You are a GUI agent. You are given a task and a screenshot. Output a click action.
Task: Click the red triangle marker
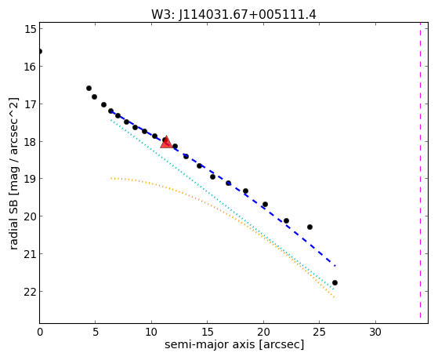tap(166, 142)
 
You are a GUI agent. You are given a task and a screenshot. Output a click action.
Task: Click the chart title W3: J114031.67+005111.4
tap(233, 15)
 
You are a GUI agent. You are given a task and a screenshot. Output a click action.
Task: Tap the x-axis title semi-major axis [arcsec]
tap(234, 344)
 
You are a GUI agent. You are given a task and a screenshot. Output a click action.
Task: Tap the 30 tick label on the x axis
tap(375, 332)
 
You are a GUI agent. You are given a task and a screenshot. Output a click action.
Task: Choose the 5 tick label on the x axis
tap(96, 332)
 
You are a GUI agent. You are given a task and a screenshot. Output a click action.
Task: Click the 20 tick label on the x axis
tap(263, 332)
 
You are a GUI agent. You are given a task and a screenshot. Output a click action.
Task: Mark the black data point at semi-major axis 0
tap(40, 51)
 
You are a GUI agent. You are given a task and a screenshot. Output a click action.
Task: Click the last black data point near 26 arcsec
tap(335, 283)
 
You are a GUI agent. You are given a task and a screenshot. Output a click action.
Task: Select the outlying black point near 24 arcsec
tap(309, 227)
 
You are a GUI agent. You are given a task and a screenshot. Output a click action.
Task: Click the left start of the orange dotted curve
tap(111, 178)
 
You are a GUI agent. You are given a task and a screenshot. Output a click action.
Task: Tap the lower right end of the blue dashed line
tap(335, 265)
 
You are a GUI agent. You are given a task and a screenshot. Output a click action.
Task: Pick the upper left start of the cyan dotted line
tap(111, 120)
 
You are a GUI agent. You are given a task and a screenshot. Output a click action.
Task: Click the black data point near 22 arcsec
tap(286, 220)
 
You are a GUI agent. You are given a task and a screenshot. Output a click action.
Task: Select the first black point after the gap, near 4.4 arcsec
tap(89, 88)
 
